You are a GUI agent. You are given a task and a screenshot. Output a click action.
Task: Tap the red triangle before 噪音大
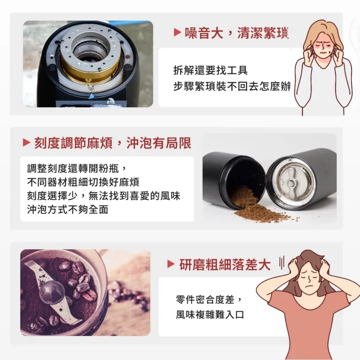(178, 33)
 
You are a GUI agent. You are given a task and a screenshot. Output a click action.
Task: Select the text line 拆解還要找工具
(210, 71)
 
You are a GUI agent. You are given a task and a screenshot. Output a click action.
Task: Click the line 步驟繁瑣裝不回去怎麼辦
(232, 87)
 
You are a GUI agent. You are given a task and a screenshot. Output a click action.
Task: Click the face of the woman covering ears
(321, 43)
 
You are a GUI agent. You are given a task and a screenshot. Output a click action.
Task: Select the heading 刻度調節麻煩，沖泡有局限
(112, 143)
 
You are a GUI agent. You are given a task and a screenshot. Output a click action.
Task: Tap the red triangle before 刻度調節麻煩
(27, 143)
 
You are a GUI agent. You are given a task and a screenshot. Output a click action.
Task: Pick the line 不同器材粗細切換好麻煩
(83, 182)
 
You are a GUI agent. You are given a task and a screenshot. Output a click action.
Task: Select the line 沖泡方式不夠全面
(68, 210)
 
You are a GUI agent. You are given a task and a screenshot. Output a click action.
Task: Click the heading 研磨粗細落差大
(225, 265)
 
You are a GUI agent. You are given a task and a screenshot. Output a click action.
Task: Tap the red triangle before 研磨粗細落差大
(171, 265)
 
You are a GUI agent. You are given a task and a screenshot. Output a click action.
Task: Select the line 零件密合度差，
(208, 299)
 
